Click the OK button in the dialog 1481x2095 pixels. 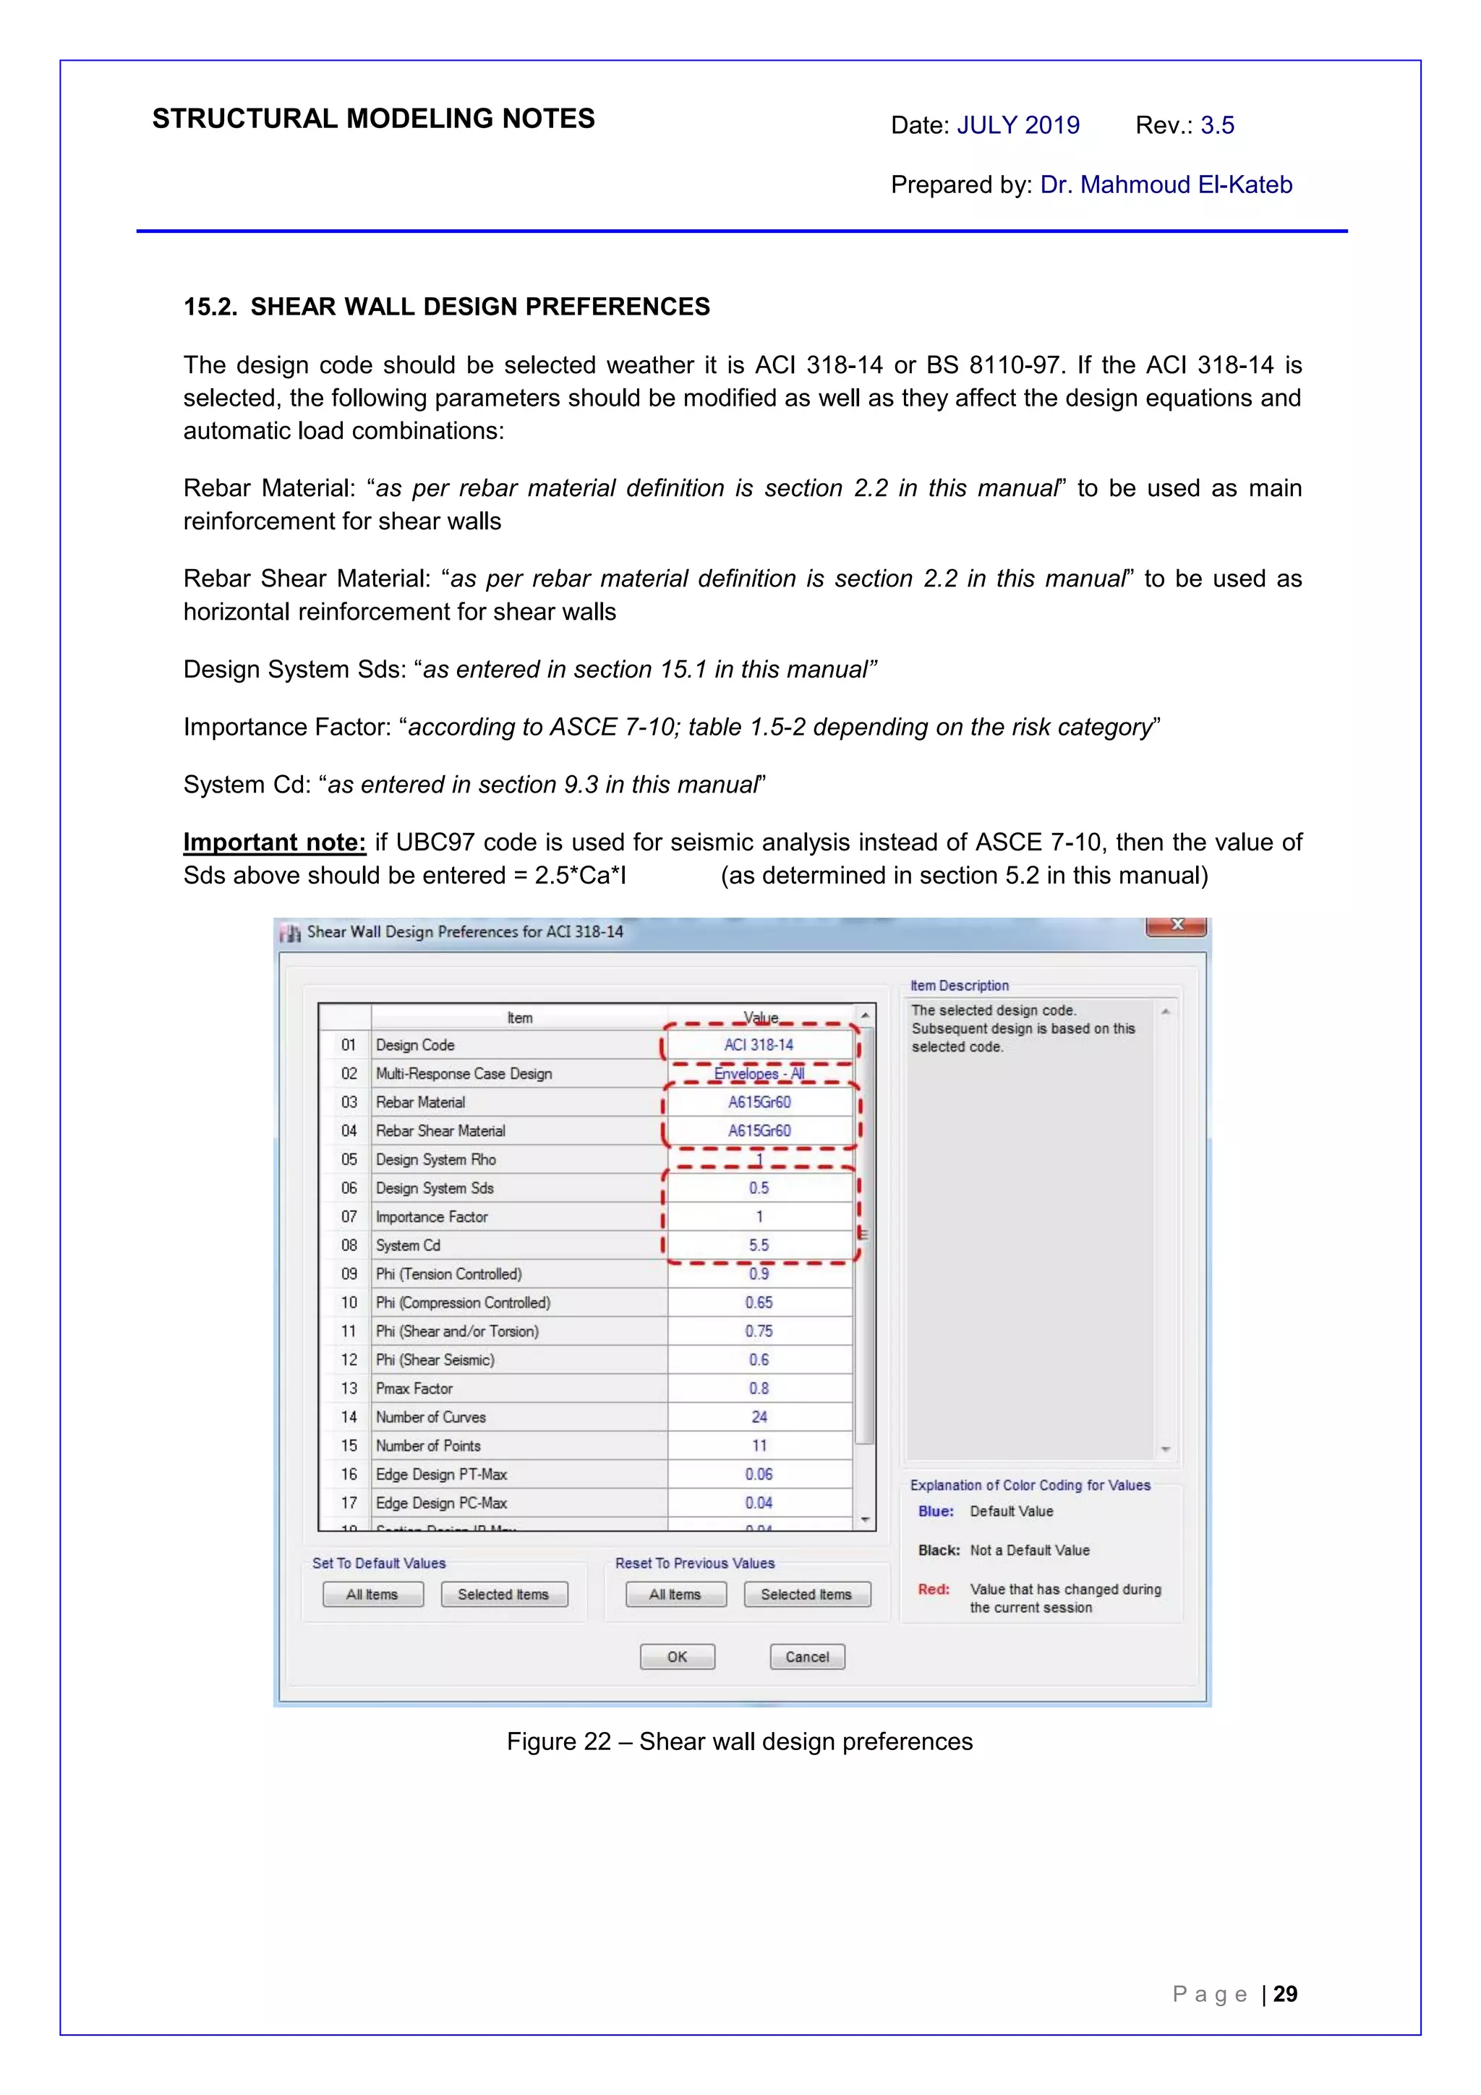coord(677,1656)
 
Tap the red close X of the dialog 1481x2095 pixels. coord(1177,925)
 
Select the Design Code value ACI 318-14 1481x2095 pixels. coord(759,1045)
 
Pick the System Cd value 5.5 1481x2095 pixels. coord(759,1245)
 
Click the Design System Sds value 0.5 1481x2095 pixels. coord(759,1188)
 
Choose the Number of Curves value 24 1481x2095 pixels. coord(759,1417)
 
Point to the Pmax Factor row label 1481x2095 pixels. coord(414,1388)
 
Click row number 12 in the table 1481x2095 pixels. coord(349,1360)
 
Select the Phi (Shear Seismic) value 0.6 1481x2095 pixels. coord(759,1360)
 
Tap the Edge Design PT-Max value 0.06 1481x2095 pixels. coord(759,1474)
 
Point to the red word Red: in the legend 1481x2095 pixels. coord(934,1589)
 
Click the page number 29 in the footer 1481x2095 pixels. coord(1285,1994)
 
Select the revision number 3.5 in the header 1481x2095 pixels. coord(1217,125)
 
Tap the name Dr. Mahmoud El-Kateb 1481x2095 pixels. coord(1166,184)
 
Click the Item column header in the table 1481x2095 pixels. coord(519,1017)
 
